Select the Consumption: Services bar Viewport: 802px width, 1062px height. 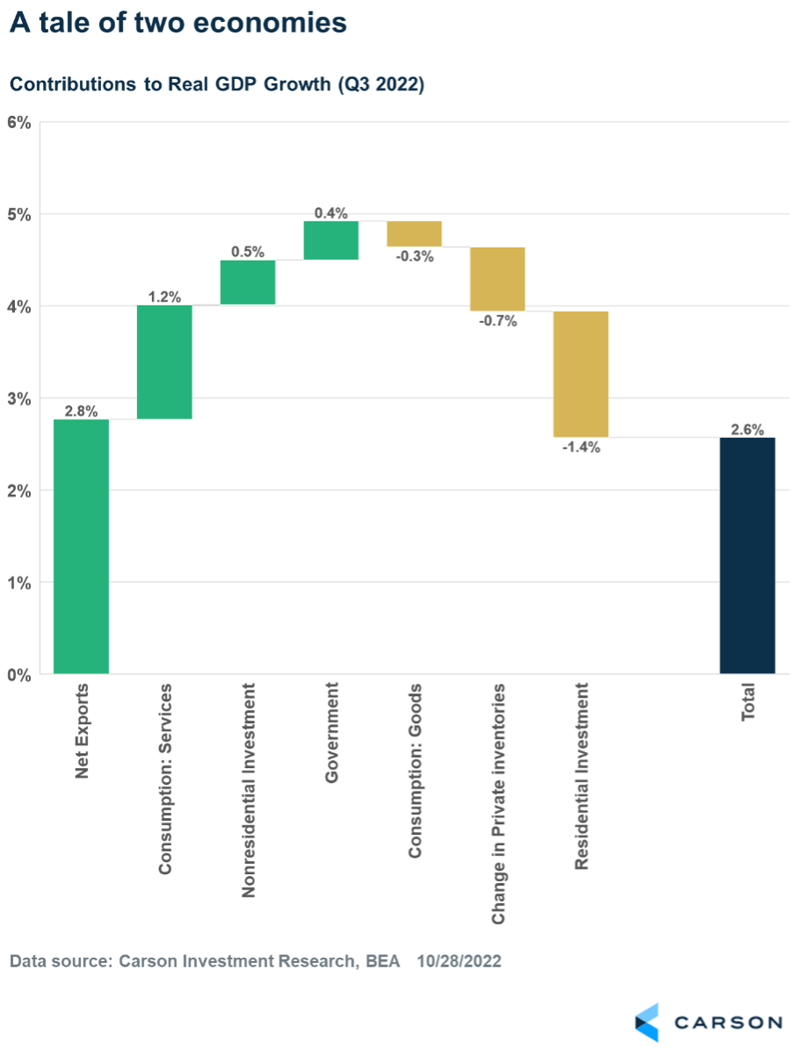164,362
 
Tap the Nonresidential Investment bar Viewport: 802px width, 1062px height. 248,282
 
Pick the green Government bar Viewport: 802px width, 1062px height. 331,240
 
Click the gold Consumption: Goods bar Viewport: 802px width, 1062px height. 415,233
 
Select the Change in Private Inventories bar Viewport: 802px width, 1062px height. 498,279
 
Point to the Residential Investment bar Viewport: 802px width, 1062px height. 581,374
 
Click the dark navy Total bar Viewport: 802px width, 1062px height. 748,556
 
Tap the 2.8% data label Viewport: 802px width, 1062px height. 81,411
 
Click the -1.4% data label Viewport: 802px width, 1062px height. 581,447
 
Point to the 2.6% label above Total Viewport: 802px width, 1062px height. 748,429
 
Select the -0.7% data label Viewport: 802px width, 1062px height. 498,320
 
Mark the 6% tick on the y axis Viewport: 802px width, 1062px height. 18,123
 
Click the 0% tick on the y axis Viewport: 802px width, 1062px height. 18,675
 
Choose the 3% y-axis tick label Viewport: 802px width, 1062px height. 18,399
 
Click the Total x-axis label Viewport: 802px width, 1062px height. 748,703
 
